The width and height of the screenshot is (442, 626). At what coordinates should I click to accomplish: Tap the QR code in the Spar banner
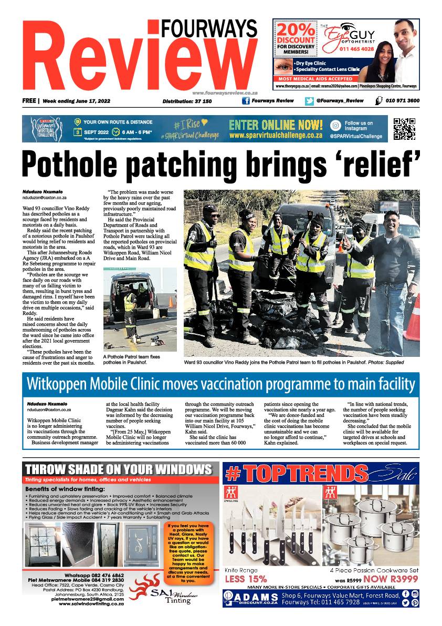point(404,129)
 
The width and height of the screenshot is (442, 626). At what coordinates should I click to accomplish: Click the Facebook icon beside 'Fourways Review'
point(245,101)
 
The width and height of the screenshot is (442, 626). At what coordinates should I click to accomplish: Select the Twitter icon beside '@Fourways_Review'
point(309,101)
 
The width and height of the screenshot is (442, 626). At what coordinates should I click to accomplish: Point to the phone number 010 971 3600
point(402,101)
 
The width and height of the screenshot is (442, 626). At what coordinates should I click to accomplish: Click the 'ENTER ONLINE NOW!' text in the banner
point(276,125)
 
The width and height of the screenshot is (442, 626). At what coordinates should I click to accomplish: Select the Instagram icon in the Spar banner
point(335,126)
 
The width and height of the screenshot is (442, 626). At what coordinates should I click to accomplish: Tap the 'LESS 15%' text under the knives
point(246,579)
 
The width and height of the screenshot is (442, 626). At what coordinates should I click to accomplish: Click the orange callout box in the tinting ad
point(181,552)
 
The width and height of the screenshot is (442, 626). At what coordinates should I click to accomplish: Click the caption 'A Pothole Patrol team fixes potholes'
point(131,360)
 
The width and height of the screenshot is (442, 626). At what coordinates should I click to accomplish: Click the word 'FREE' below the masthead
point(29,101)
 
